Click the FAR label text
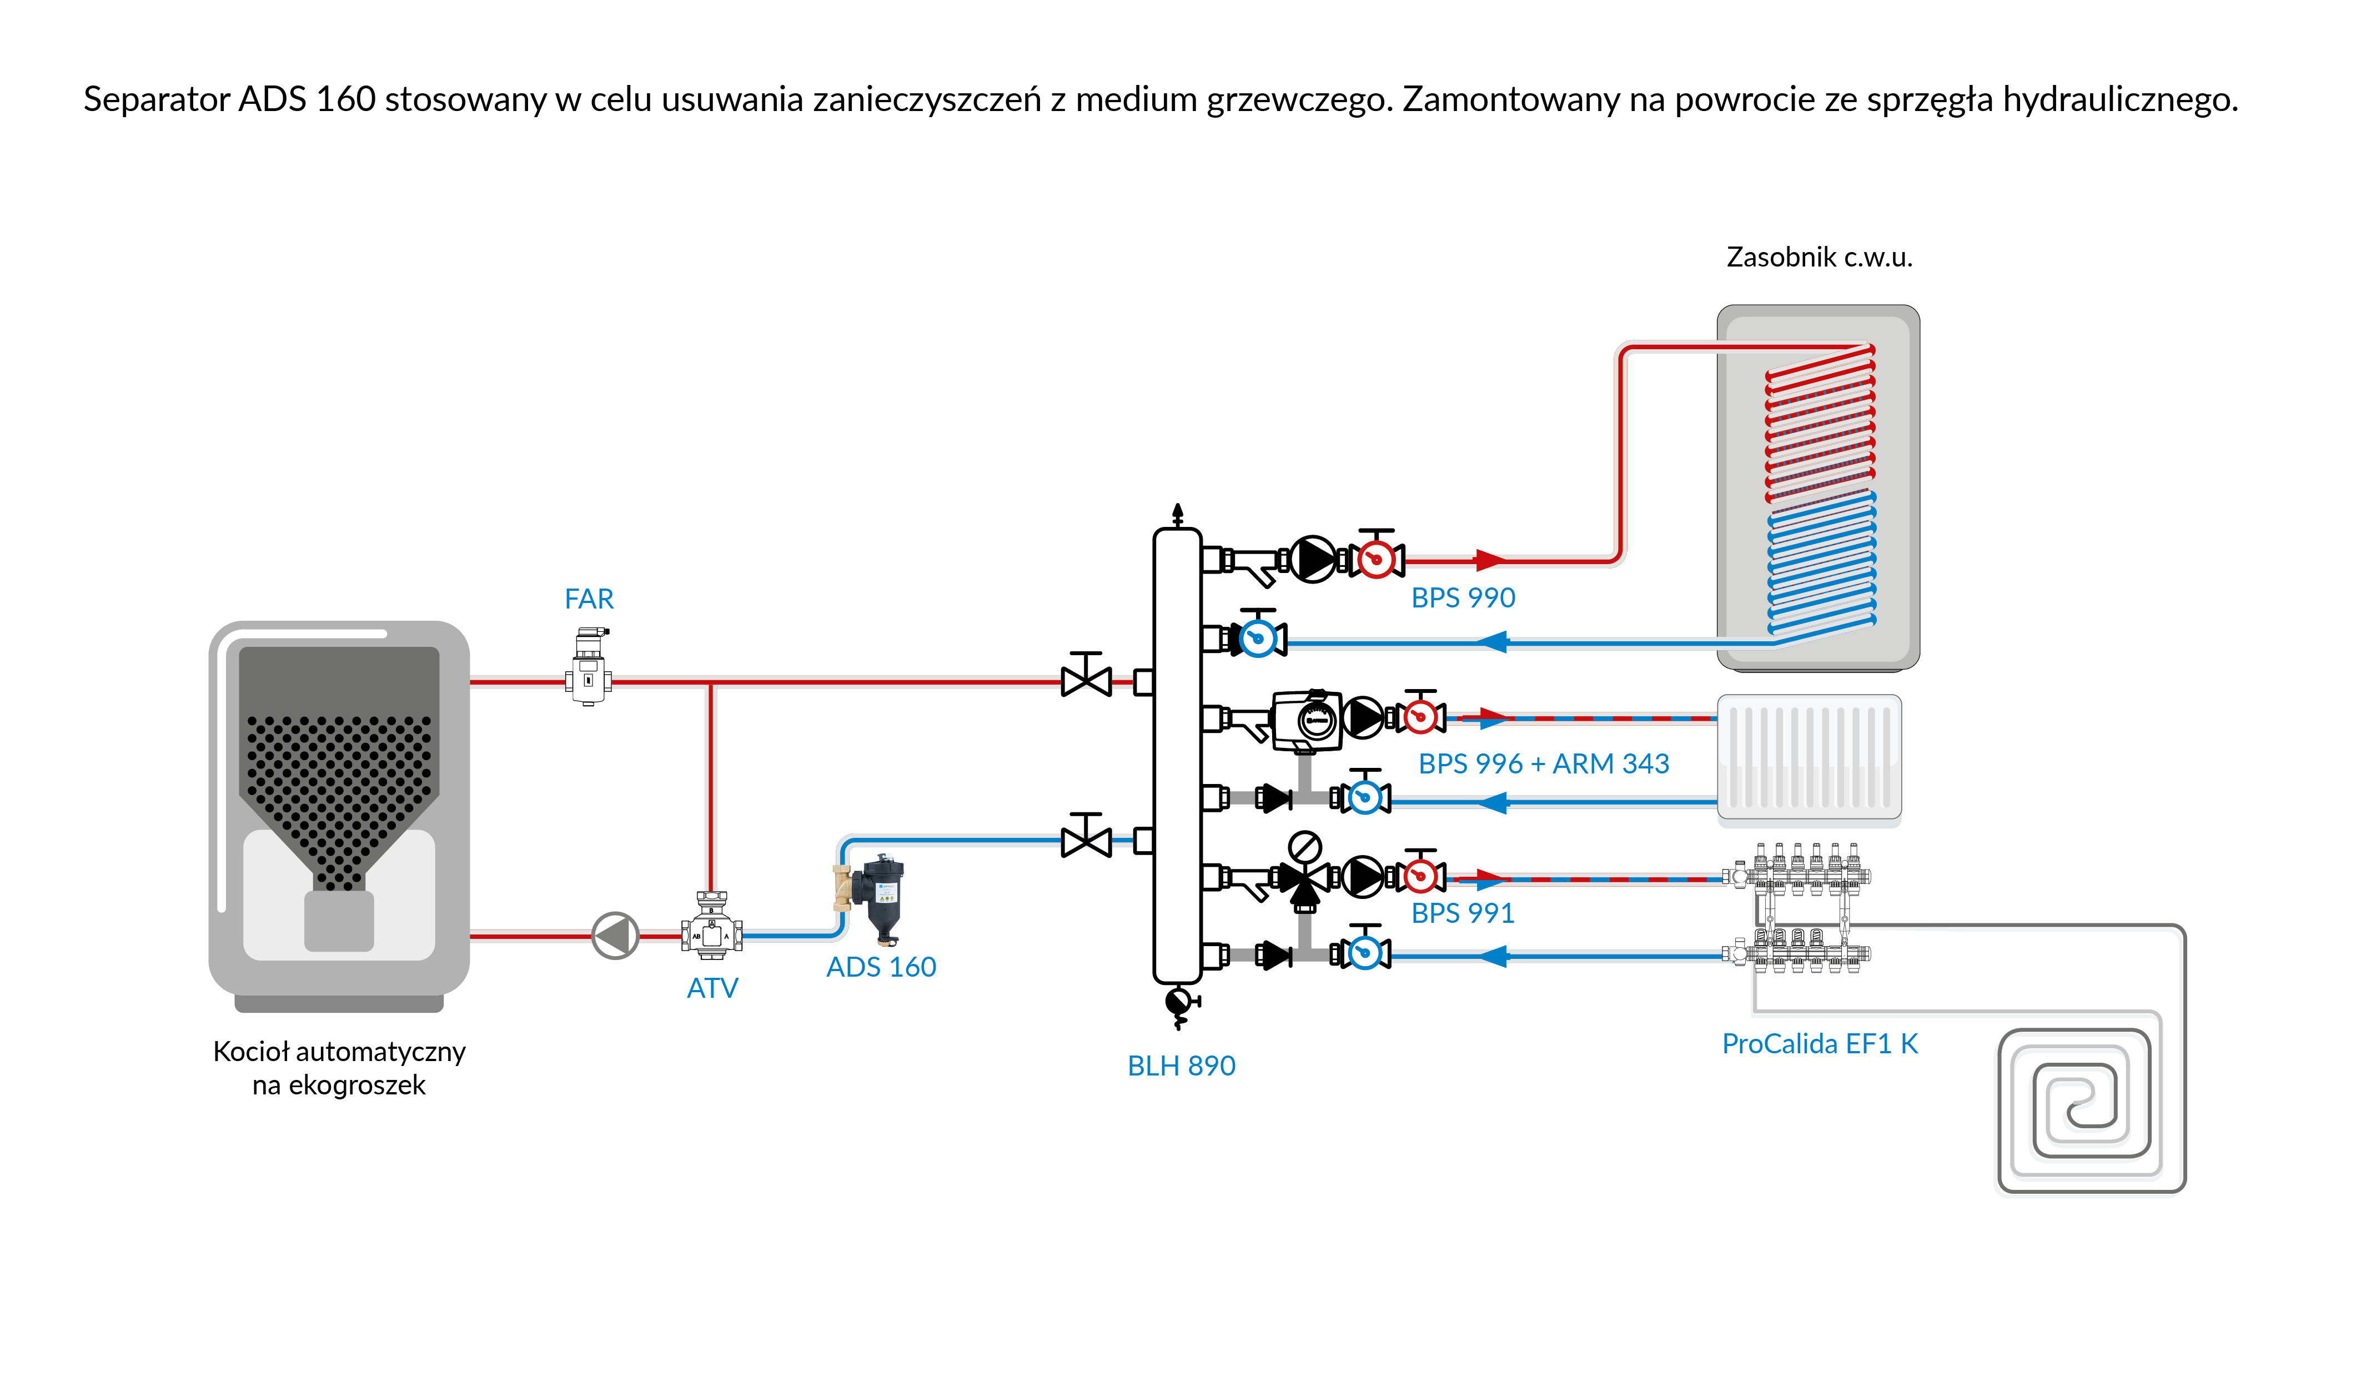point(589,599)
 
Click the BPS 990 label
point(1463,597)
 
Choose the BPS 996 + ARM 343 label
point(1543,763)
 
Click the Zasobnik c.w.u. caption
point(1819,257)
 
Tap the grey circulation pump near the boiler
point(616,935)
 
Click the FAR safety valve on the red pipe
point(589,667)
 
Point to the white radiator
point(1808,757)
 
